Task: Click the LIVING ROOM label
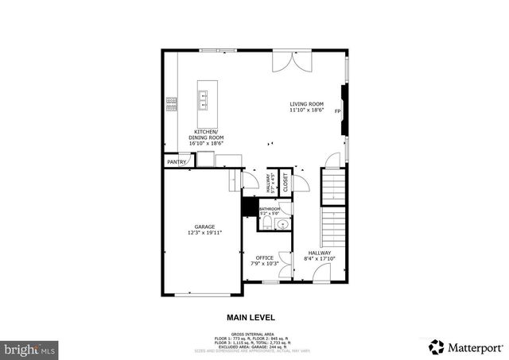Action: click(x=306, y=104)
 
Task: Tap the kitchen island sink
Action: click(x=204, y=99)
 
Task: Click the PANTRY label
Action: click(x=176, y=162)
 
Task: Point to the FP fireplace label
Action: click(x=337, y=111)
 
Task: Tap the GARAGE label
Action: click(x=204, y=226)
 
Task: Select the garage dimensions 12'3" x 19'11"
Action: click(x=204, y=233)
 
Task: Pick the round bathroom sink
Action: click(x=282, y=225)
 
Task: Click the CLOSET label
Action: click(x=286, y=181)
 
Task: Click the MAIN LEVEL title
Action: click(x=251, y=316)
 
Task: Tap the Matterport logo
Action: click(x=465, y=346)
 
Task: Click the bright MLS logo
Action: click(x=29, y=348)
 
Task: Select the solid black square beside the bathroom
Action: click(x=248, y=207)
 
